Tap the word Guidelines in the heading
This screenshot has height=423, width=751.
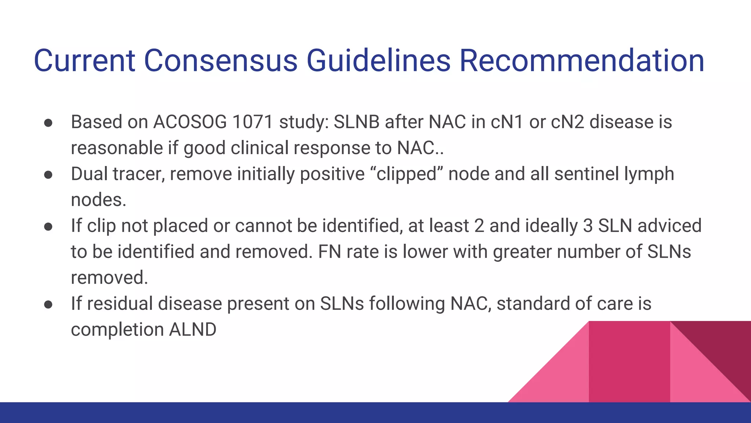pyautogui.click(x=378, y=61)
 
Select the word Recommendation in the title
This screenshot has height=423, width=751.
pyautogui.click(x=582, y=61)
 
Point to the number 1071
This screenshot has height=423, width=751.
pyautogui.click(x=253, y=122)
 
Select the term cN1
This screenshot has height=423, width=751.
pyautogui.click(x=507, y=122)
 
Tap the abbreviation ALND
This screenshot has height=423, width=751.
pyautogui.click(x=193, y=329)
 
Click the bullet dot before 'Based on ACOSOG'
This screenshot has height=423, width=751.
pyautogui.click(x=48, y=123)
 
